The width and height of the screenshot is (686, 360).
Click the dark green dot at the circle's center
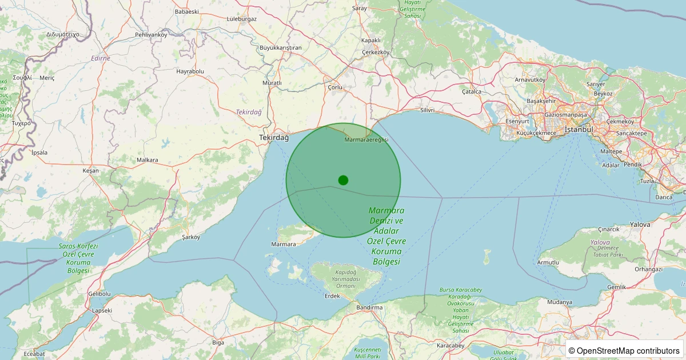pos(343,180)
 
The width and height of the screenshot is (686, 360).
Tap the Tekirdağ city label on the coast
pos(274,138)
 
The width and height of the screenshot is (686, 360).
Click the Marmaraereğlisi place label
pos(366,140)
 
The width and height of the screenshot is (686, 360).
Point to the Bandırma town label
pos(369,307)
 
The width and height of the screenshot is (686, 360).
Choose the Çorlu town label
pos(335,87)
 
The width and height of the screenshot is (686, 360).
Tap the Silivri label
pos(427,110)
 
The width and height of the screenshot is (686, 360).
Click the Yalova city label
pos(640,225)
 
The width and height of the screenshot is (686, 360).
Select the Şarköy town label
pos(191,237)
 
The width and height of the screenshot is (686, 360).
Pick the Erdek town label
pos(332,296)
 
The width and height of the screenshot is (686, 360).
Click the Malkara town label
pos(147,161)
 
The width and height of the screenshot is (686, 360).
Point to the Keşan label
pos(90,171)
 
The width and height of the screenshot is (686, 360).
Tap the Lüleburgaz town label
pos(242,19)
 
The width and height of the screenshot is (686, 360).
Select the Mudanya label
pos(559,302)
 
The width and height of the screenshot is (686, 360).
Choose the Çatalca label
pos(472,91)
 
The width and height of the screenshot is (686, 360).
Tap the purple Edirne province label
pos(100,58)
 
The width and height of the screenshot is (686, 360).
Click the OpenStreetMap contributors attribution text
pos(624,350)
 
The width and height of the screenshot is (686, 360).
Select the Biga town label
pos(218,343)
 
